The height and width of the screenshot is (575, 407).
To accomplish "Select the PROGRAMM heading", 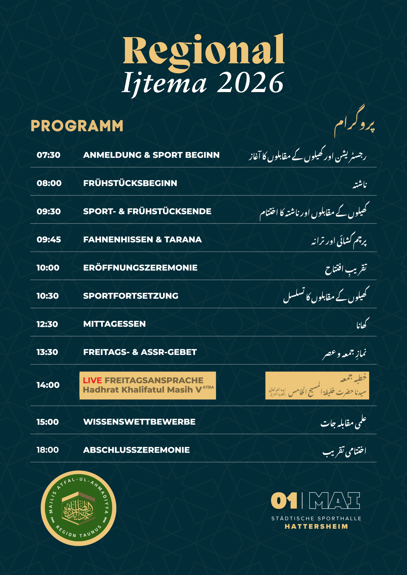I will pos(77,126).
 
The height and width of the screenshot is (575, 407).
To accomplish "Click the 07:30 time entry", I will pos(48,155).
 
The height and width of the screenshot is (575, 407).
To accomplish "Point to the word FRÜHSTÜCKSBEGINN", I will pos(130,183).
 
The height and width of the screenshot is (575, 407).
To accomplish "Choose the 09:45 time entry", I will pos(49,239).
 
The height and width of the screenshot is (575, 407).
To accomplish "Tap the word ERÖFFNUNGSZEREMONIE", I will pos(140,268).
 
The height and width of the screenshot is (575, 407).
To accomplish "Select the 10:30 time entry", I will pos(47,296).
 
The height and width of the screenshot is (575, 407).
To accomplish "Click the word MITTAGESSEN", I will pos(114,324).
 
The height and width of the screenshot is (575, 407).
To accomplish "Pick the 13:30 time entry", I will pos(47,352).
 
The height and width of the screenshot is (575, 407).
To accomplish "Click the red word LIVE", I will pos(92,380).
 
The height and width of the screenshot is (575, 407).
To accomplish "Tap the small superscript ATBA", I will pos(208,387).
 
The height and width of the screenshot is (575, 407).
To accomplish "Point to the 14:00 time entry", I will pos(48,385).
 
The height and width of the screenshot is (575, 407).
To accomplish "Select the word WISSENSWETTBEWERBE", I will pos(139,422).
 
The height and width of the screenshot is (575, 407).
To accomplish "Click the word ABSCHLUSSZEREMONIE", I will pos(136,450).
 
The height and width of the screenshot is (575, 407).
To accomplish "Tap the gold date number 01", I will pos(284,501).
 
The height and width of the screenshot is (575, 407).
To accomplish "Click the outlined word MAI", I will pos(334,501).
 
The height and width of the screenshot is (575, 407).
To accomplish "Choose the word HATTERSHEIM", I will pos(316,526).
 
